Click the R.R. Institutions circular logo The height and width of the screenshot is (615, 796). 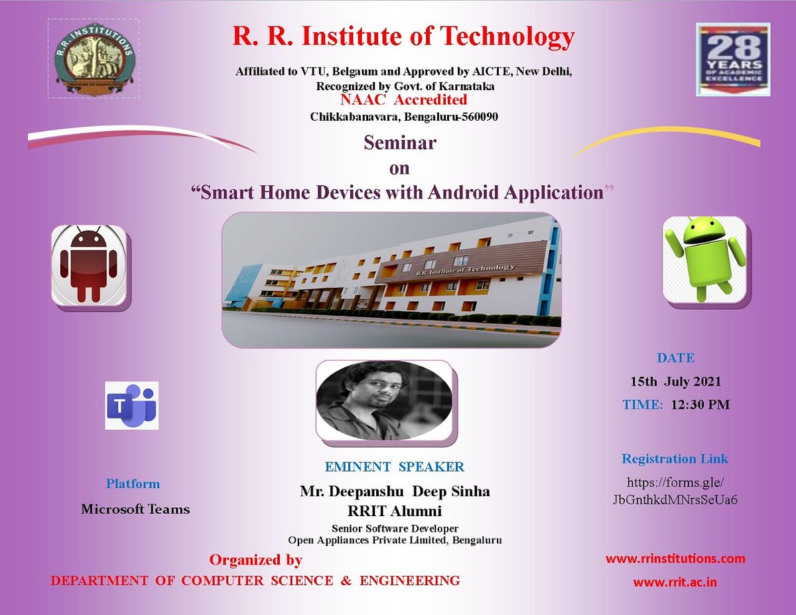(93, 58)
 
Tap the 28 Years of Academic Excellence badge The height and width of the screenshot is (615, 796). (732, 60)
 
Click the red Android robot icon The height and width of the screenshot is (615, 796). (90, 265)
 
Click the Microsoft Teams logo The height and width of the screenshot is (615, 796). (132, 405)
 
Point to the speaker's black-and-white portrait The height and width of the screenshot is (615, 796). (384, 400)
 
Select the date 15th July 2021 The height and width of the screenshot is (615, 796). (675, 381)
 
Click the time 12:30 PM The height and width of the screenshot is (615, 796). (700, 404)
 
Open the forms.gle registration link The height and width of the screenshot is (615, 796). (675, 491)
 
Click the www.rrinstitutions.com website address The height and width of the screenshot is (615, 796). (675, 559)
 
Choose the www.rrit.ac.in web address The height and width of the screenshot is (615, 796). (675, 582)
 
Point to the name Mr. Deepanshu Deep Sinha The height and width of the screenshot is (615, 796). (395, 492)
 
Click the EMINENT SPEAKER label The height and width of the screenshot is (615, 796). (395, 467)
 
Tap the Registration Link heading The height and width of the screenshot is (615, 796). (675, 458)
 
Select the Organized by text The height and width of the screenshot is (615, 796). (256, 560)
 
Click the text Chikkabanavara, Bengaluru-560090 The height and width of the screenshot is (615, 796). (404, 117)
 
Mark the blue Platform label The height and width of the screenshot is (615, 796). (133, 484)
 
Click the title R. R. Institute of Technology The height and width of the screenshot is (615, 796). (403, 37)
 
